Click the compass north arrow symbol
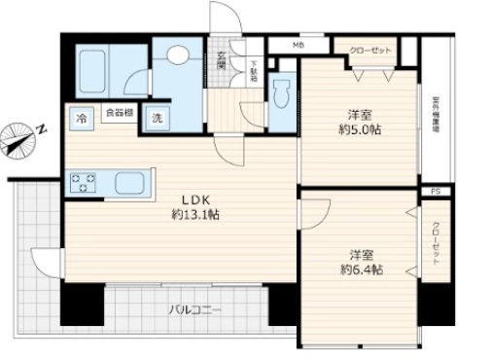coord(21,136)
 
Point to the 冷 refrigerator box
coord(81,118)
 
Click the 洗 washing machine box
coord(156,118)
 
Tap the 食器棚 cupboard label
coord(119,113)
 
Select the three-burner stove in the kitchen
coord(82,181)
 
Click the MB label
coord(298,44)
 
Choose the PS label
coord(435,193)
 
